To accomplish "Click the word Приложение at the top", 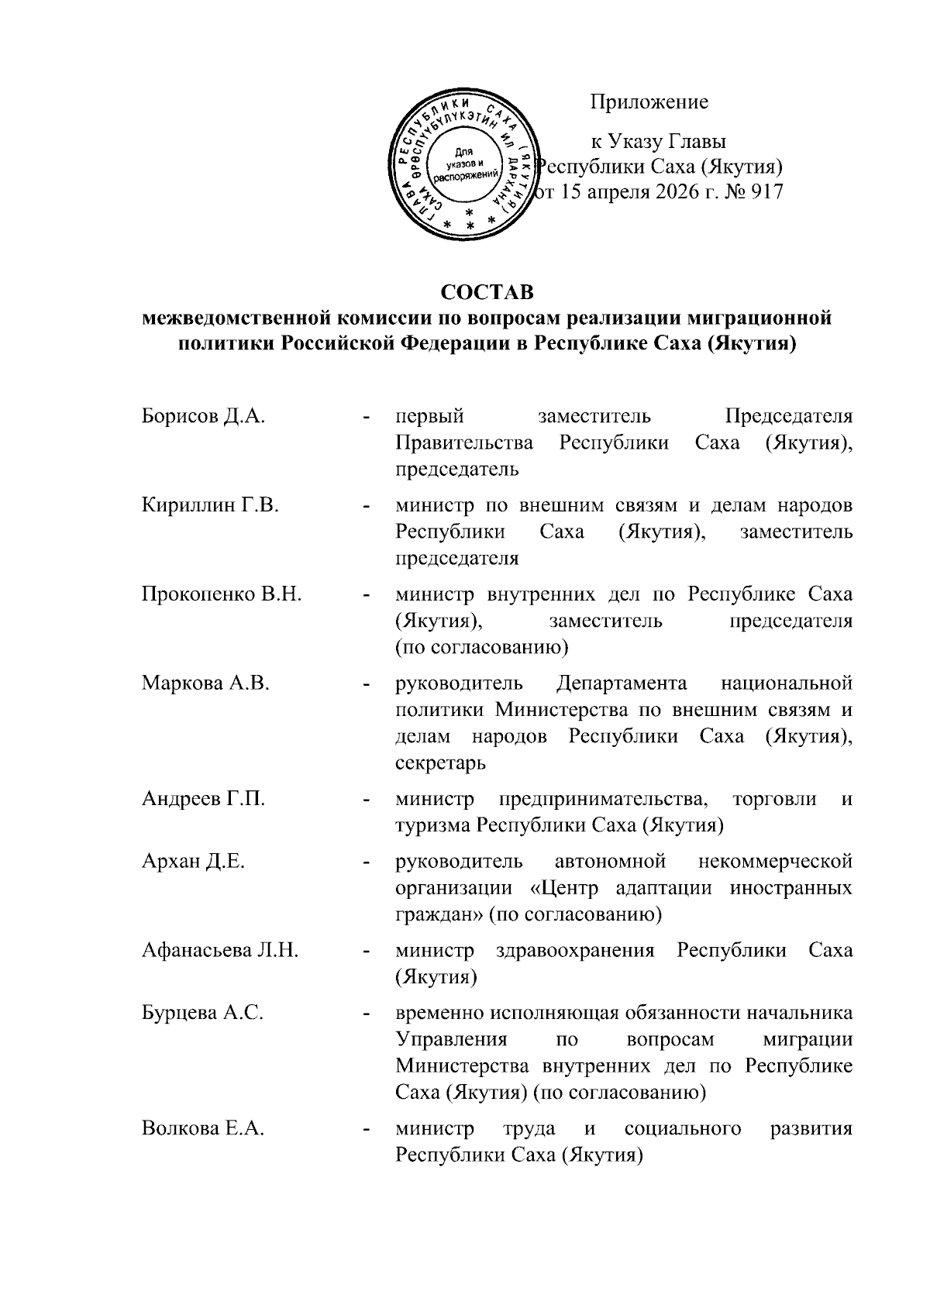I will click(649, 102).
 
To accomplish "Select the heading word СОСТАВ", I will click(487, 293).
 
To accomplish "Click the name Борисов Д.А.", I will click(204, 417).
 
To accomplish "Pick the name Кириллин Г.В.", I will click(210, 506).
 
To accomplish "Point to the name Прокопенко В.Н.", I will click(221, 595).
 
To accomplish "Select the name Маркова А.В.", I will click(205, 684).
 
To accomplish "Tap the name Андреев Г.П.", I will click(203, 799).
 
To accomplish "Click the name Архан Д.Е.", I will click(193, 862).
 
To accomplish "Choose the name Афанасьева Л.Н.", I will click(220, 951).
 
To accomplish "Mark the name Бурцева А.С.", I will click(203, 1014).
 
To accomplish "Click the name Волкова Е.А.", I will click(203, 1129).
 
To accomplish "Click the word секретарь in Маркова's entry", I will click(440, 763).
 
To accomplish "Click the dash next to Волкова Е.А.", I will click(365, 1131).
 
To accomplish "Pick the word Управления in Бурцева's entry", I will click(451, 1040).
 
